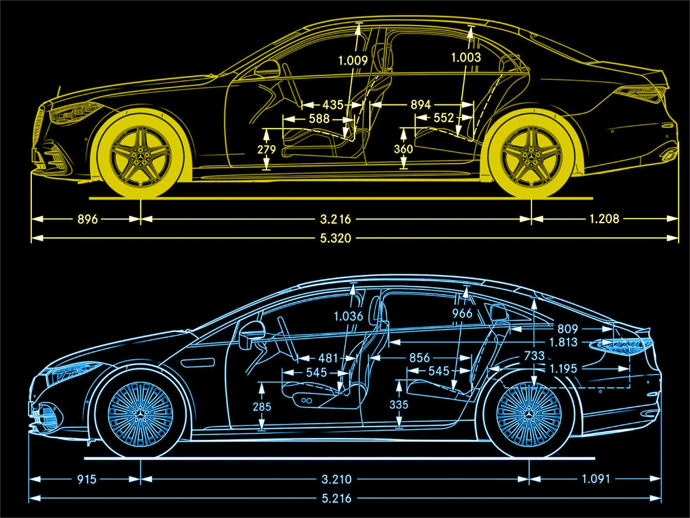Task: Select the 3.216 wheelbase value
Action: coord(335,219)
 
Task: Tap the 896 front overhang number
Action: coord(88,219)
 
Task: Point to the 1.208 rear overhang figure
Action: coord(604,219)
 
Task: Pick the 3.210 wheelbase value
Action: coord(335,479)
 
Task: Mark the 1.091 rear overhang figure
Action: coord(596,478)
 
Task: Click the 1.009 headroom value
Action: coord(353,61)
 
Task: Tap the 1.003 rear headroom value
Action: coord(466,58)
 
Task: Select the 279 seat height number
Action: coord(266,150)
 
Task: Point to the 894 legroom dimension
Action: coord(420,104)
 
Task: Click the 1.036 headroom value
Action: coord(348,316)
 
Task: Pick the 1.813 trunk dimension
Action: coord(563,343)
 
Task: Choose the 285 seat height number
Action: coord(261,407)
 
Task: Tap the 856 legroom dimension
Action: coord(419,358)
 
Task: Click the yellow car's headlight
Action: coord(70,114)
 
